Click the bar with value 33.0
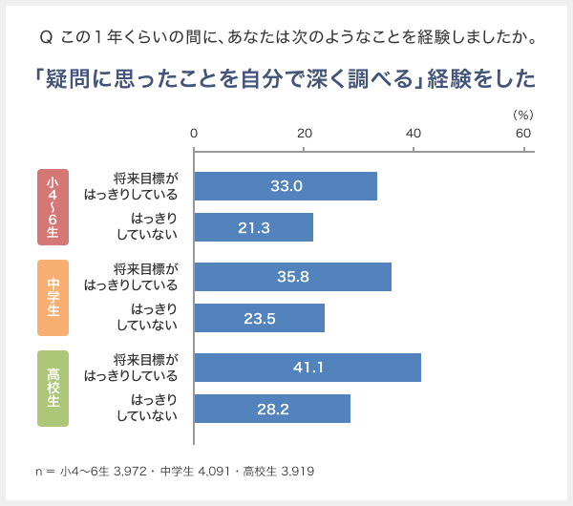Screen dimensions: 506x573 click(286, 186)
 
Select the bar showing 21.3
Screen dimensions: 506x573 click(254, 227)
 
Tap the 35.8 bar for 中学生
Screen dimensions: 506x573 click(292, 277)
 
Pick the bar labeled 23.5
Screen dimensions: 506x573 click(259, 318)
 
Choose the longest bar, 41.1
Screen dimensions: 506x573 click(308, 368)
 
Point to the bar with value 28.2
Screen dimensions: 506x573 click(272, 409)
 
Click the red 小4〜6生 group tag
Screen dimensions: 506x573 click(53, 206)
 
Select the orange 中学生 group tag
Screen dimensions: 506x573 click(53, 297)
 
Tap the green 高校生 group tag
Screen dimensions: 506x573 click(53, 388)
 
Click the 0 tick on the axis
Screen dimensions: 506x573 click(195, 135)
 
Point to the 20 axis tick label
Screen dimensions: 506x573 click(305, 135)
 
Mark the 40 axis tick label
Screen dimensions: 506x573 click(414, 135)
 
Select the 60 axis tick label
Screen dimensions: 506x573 click(523, 135)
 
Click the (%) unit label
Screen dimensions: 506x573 click(523, 114)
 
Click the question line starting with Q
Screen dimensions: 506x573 click(286, 39)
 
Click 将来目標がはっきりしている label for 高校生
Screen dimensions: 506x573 click(131, 368)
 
